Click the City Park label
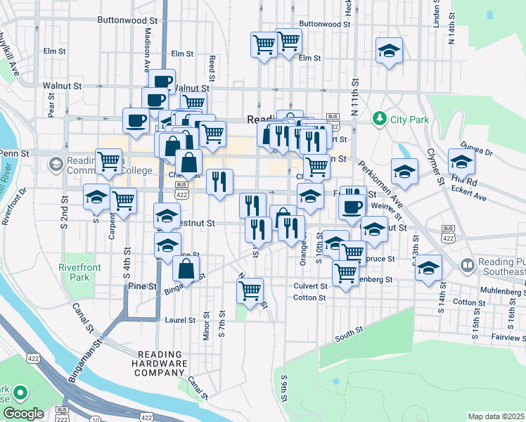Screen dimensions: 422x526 410,120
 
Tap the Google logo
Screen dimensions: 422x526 23,414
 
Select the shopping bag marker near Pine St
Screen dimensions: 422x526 186,269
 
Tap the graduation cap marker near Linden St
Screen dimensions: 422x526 389,51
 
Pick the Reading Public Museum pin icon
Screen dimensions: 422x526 467,265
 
